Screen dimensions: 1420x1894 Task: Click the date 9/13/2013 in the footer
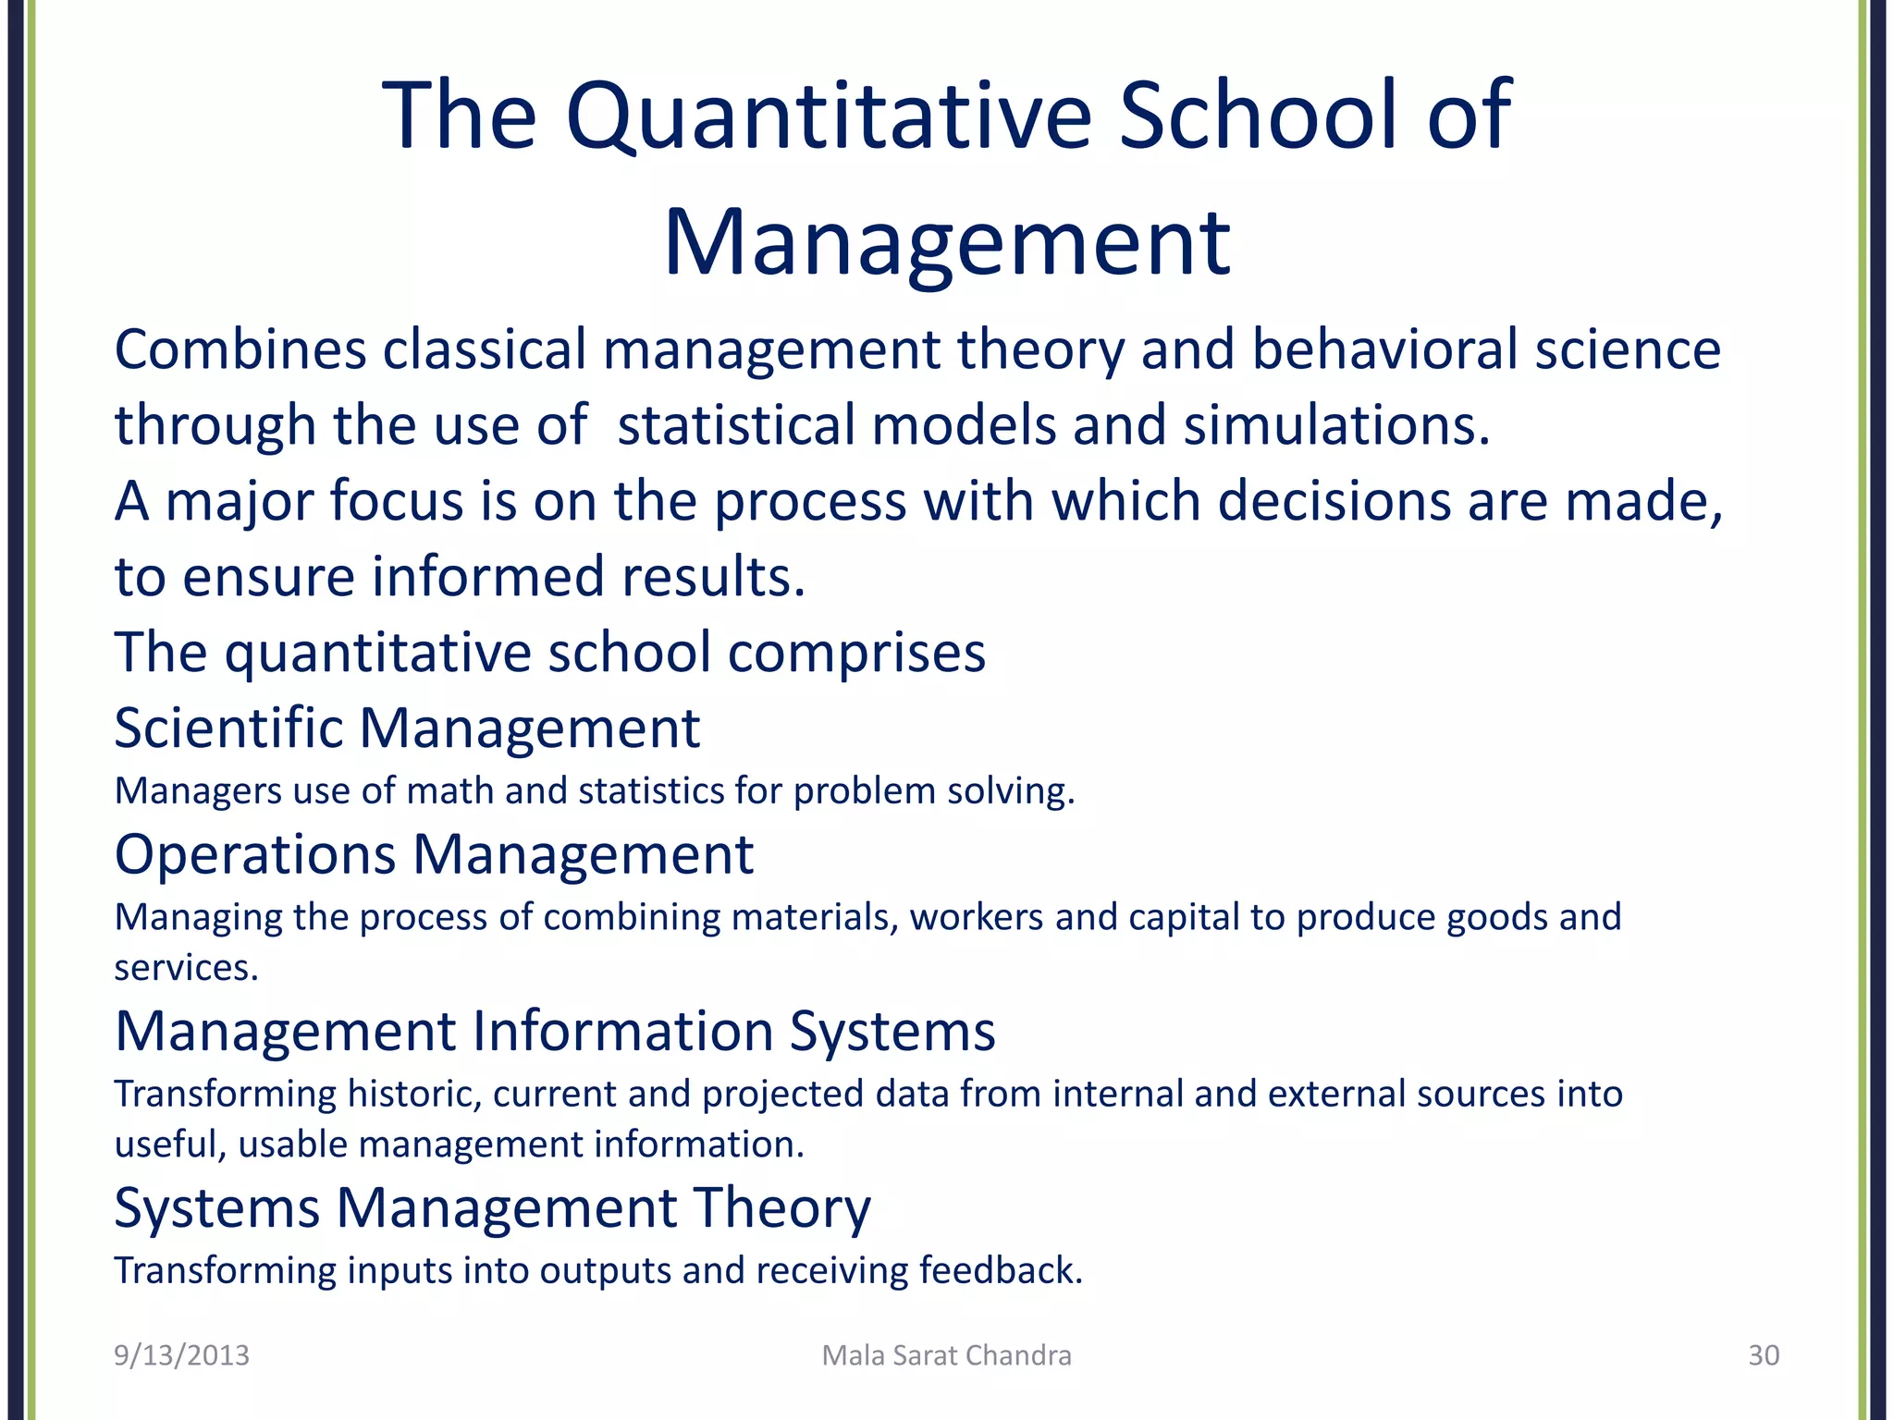tap(181, 1355)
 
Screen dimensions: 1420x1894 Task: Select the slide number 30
tap(1763, 1355)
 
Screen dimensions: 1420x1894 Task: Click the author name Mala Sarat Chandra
tap(946, 1355)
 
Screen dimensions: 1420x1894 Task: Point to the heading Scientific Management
tap(407, 728)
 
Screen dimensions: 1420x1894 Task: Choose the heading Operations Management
tap(434, 854)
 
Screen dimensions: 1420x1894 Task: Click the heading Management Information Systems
tap(555, 1031)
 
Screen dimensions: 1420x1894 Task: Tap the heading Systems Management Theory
tap(492, 1207)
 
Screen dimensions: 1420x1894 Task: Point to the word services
tap(185, 968)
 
